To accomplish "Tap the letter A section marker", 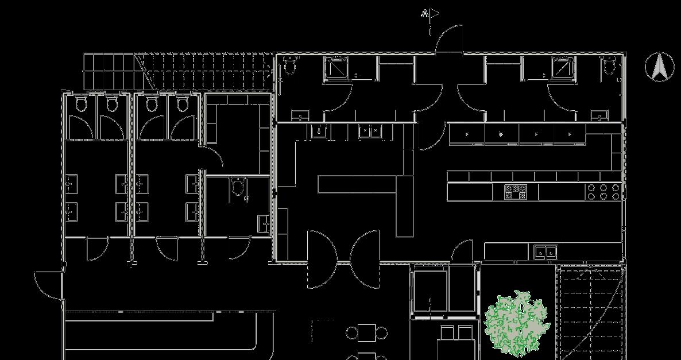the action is tap(425, 13).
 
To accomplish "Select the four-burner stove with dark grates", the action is tap(516, 192).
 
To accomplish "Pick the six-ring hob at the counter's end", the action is tap(603, 192).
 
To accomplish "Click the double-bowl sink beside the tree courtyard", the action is tap(544, 251).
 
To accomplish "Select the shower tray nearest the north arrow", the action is tap(563, 68).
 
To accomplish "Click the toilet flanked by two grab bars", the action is tap(237, 187).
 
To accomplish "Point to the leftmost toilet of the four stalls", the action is tap(81, 104).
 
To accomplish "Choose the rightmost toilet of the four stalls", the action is tap(182, 104).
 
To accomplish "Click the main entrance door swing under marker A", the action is tap(449, 39).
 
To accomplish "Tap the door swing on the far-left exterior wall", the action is tap(48, 284).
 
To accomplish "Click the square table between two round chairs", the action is tap(367, 332).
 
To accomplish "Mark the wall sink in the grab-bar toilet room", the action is tap(264, 222).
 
